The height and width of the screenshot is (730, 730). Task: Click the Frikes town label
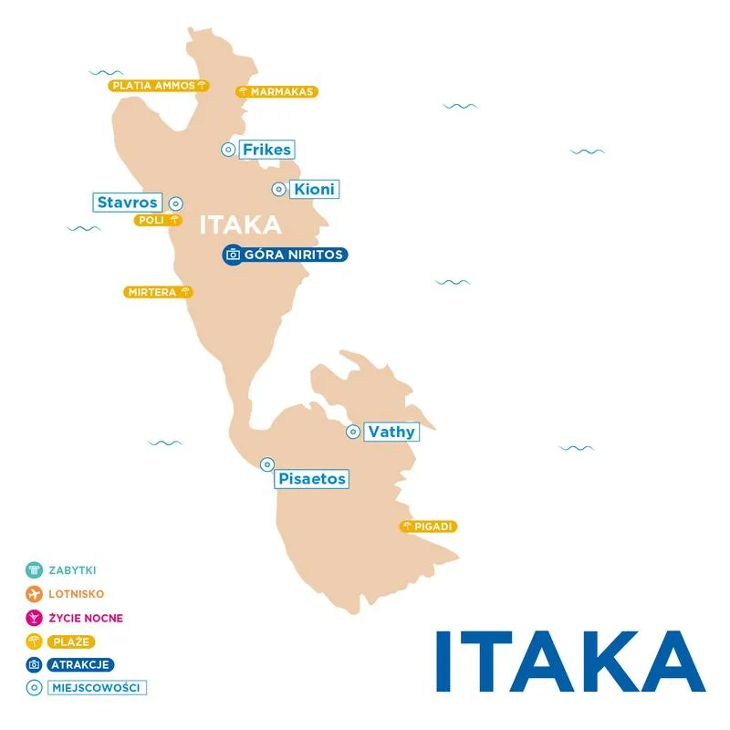click(x=267, y=150)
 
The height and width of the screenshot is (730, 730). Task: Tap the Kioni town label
click(x=314, y=190)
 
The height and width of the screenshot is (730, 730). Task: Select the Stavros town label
click(x=127, y=203)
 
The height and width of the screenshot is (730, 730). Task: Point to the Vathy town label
click(x=391, y=432)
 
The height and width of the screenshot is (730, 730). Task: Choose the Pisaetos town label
click(x=311, y=478)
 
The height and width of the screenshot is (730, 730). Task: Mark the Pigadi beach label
click(x=428, y=527)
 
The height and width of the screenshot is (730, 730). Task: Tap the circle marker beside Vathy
click(x=352, y=432)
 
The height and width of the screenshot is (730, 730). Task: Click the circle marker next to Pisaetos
click(x=266, y=464)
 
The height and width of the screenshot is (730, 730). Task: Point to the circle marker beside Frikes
click(x=227, y=150)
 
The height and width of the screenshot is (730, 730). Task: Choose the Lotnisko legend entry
click(x=76, y=594)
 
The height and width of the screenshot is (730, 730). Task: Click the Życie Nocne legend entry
click(x=85, y=618)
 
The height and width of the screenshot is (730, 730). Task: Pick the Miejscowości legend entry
click(x=97, y=688)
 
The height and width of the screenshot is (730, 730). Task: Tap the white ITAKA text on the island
click(x=240, y=225)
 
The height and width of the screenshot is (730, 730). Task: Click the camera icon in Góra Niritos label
click(x=233, y=255)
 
